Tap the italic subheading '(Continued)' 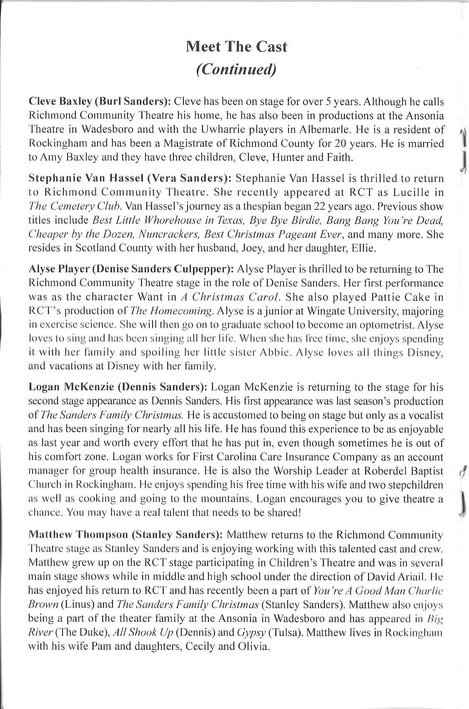tap(236, 69)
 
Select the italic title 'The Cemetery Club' tap(75, 206)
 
